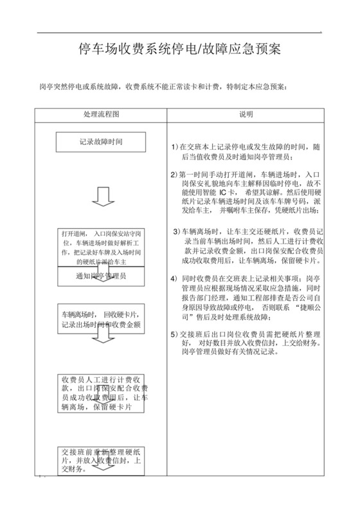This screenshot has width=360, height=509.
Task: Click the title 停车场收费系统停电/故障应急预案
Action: point(179,49)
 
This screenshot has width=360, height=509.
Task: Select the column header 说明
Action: point(246,114)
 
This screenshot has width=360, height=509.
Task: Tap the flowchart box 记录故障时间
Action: point(101,141)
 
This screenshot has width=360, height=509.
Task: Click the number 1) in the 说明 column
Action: point(174,147)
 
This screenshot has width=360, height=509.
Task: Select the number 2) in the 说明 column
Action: point(174,174)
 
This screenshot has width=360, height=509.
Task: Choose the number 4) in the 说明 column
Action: point(174,278)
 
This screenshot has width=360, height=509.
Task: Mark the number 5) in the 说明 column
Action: point(174,334)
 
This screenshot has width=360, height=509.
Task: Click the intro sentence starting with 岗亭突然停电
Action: point(168,85)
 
